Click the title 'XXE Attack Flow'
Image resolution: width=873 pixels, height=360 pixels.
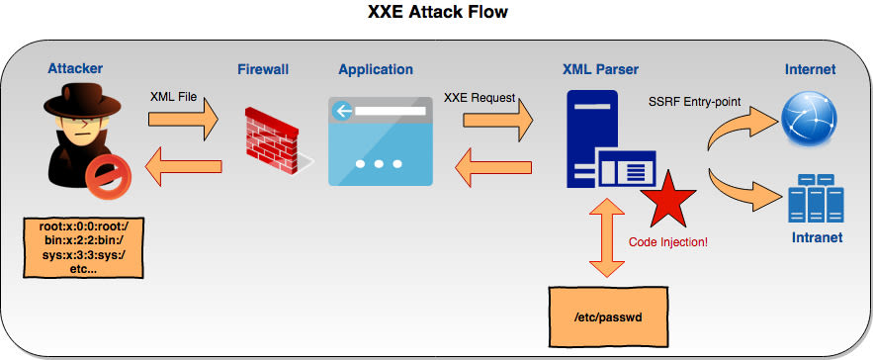coord(437,14)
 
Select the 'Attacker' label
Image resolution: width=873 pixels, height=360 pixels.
coord(75,69)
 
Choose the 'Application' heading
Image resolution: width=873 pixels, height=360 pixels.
coord(376,69)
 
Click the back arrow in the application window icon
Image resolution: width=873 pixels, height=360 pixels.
coord(344,111)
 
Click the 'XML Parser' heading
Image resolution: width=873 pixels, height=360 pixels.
coord(600,69)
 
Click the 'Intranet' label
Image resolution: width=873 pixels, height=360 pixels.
coord(816,238)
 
